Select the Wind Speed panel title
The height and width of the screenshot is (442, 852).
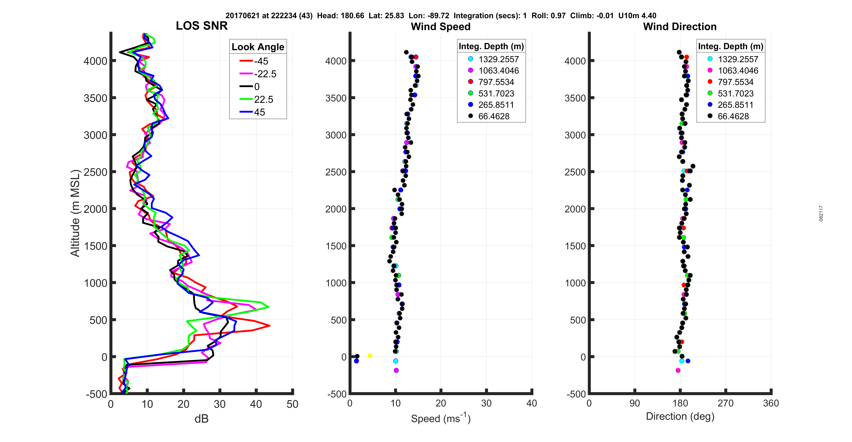(x=441, y=27)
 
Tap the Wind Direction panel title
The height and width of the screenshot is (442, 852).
(x=680, y=27)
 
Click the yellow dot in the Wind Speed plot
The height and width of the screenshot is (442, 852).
(x=370, y=356)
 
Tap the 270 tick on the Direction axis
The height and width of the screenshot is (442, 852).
(x=725, y=403)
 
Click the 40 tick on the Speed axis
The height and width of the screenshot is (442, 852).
(x=532, y=403)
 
